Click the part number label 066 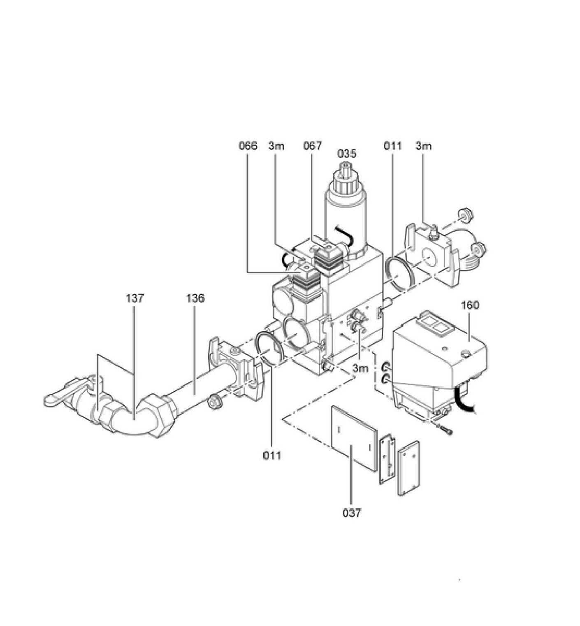248,146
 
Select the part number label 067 313,146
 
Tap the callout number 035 346,154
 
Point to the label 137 135,298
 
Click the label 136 195,298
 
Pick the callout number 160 470,305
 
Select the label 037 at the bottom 352,513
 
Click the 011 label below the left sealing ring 272,456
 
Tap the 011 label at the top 392,146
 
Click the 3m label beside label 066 276,146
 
